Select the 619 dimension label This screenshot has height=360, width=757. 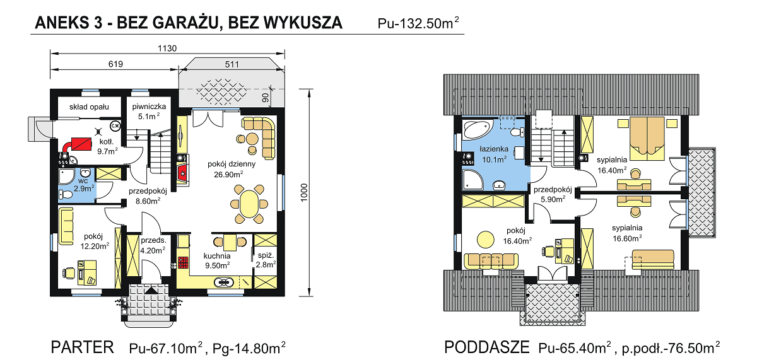click(115, 64)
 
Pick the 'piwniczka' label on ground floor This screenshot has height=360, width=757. click(149, 107)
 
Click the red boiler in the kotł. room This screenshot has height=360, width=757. click(79, 144)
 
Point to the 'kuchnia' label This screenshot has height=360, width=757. click(216, 256)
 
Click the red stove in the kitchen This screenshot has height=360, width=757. click(184, 264)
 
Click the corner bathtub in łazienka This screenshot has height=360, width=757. click(477, 129)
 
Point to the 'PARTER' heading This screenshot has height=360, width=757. click(83, 347)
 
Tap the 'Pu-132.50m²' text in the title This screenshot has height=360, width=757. click(418, 25)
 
